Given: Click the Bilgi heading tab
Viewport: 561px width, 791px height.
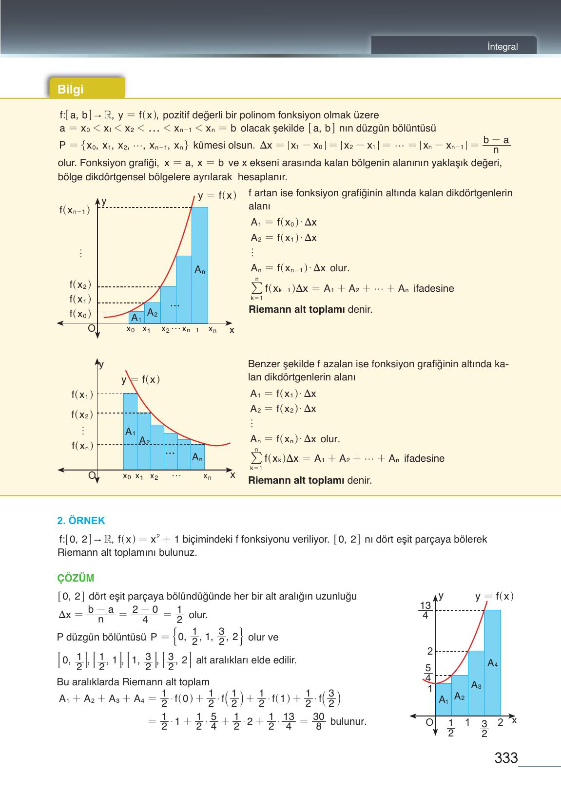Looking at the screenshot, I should tap(71, 89).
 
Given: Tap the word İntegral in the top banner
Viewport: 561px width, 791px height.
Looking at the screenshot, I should tap(503, 47).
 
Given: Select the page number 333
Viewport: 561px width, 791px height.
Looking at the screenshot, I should tap(506, 758).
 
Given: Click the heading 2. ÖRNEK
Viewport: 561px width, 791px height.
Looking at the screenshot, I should tap(81, 521).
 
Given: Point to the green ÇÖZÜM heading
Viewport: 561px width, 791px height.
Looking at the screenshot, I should tap(76, 578).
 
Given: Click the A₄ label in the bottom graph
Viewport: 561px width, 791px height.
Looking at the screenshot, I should tap(492, 663).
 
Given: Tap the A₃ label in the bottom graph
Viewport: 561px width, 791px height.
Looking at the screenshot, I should tap(476, 686).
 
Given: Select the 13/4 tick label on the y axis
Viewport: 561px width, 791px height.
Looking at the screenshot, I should tap(426, 610).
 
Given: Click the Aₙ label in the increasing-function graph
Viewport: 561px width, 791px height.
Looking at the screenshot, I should tap(200, 270).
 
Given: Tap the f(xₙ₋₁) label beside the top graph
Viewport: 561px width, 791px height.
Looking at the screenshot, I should tap(75, 210).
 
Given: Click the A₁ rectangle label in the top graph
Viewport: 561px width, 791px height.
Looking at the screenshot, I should tap(136, 319).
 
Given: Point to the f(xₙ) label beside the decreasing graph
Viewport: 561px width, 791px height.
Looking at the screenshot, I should tap(82, 445).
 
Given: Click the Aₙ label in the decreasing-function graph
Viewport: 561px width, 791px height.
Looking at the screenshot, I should tap(197, 457).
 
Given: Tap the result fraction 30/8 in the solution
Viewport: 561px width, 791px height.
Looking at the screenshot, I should tap(319, 721).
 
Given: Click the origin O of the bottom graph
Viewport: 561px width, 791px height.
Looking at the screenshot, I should tap(429, 722).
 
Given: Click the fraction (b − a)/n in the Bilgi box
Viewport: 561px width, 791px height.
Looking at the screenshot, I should tap(496, 145).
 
